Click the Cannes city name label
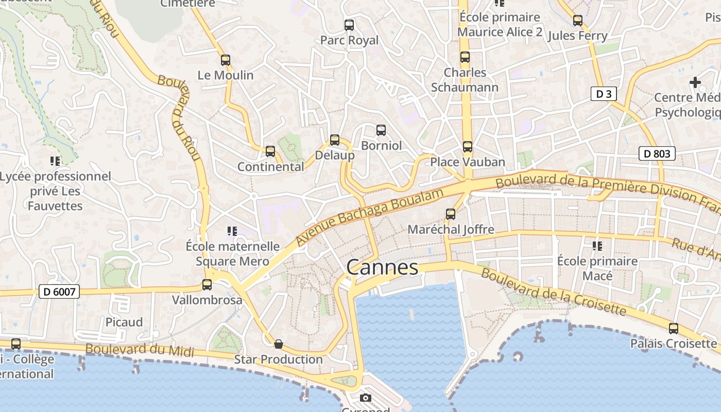pos(382,267)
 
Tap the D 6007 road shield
pos(59,292)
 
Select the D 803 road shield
pos(657,153)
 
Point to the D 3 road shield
pos(603,94)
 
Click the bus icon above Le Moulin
pos(225,60)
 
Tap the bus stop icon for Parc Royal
pos(349,25)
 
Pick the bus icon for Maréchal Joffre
pos(451,214)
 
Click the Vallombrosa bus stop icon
pos(207,284)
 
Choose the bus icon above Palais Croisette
pos(673,328)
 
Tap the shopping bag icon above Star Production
pos(279,344)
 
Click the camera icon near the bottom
pos(365,398)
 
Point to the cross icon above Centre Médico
pos(695,82)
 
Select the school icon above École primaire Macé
pos(597,246)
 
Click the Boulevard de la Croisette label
pos(553,291)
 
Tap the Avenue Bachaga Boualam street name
pos(369,217)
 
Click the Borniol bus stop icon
pos(381,130)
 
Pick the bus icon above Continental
pos(270,151)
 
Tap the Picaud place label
pos(124,322)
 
